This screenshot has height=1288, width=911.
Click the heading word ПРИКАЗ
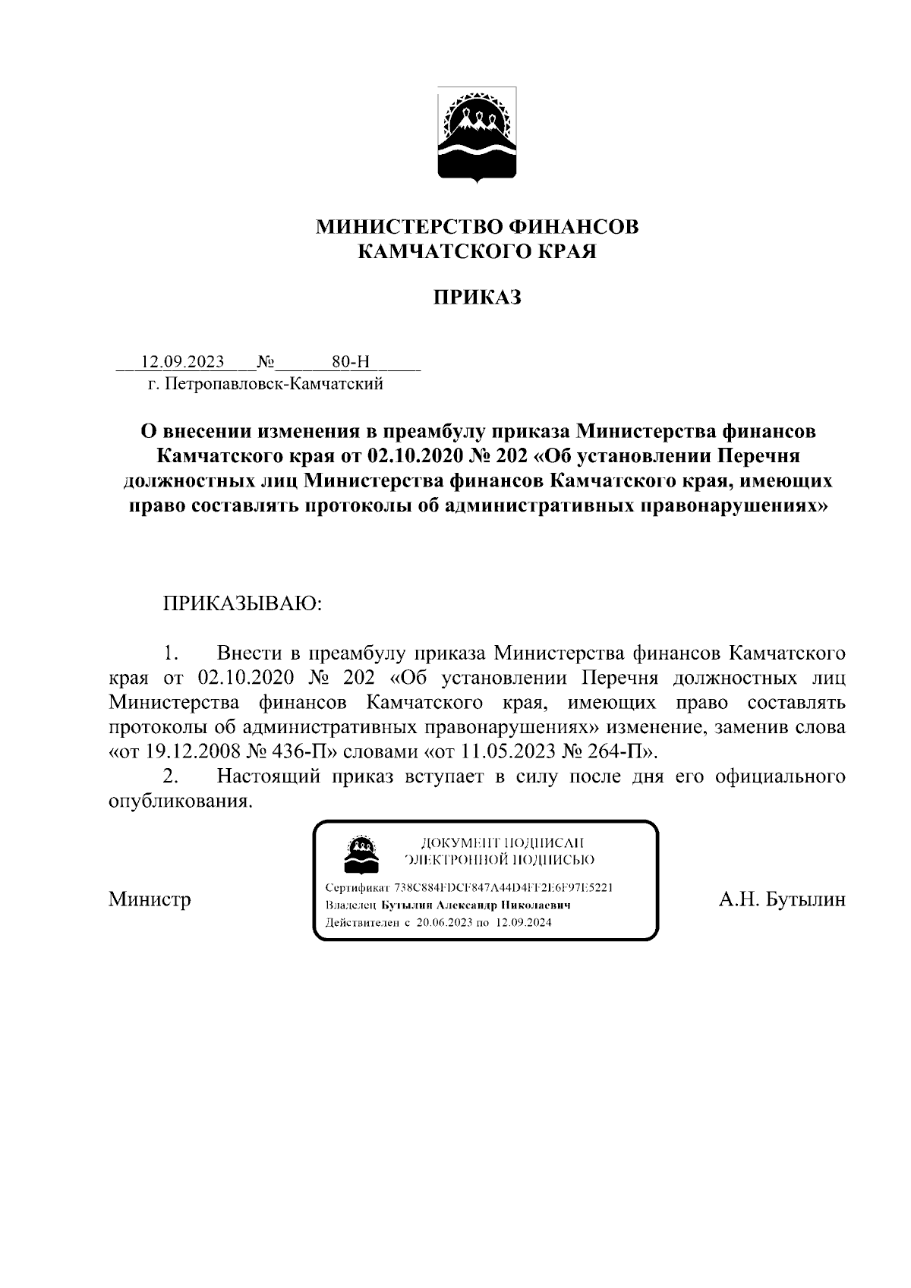coord(477,298)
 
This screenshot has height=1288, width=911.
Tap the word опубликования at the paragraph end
coord(179,801)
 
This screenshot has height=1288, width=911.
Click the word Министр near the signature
coord(150,900)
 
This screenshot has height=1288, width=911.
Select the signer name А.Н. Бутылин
coord(781,900)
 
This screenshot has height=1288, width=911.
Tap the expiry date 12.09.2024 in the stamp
coord(523,923)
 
